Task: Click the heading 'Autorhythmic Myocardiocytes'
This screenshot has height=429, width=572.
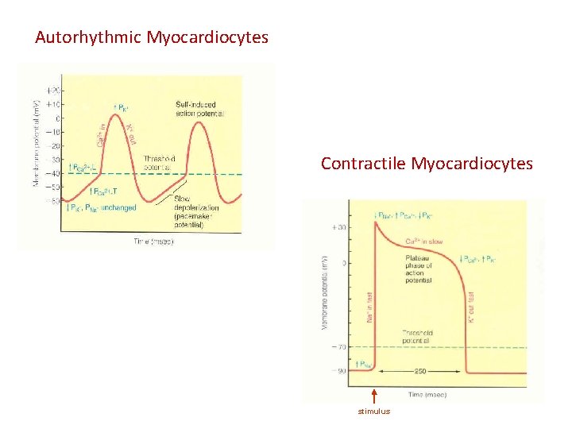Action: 152,37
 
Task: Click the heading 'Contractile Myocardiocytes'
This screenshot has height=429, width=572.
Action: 427,164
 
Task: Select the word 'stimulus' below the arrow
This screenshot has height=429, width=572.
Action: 373,411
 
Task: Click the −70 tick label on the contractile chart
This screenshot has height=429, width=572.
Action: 339,347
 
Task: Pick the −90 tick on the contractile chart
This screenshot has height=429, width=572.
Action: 339,371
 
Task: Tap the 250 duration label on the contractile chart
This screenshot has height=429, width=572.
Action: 420,370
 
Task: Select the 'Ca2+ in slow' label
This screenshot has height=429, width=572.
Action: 424,241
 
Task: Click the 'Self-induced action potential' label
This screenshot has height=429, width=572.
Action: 200,110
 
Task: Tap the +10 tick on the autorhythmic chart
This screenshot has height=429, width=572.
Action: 55,105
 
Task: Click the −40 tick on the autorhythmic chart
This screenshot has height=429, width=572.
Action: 55,174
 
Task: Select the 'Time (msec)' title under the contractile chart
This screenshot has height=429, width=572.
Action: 427,393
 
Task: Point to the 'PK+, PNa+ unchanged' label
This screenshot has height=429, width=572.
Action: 102,208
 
